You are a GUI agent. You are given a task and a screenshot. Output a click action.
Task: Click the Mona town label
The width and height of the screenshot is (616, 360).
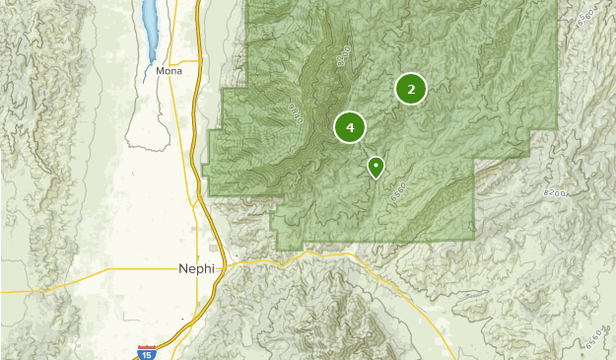169,71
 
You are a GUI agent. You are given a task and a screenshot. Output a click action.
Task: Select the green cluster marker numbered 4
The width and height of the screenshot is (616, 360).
350,127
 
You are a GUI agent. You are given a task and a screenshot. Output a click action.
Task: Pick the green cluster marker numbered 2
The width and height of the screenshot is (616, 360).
411,89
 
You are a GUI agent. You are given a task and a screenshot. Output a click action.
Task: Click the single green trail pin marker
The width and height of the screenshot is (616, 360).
376,167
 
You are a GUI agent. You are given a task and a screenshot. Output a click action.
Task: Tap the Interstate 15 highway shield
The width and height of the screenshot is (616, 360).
146,352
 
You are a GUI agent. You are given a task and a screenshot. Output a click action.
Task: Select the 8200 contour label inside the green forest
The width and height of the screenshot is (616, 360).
341,57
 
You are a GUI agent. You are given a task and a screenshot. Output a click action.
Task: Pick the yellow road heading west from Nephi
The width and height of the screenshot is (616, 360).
89,277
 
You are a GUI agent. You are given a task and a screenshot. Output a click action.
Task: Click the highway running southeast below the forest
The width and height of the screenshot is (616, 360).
414,296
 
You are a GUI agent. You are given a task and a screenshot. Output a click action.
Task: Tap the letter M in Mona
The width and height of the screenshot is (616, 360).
160,71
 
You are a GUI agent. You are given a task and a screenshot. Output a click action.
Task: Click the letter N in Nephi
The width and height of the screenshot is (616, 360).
183,267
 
